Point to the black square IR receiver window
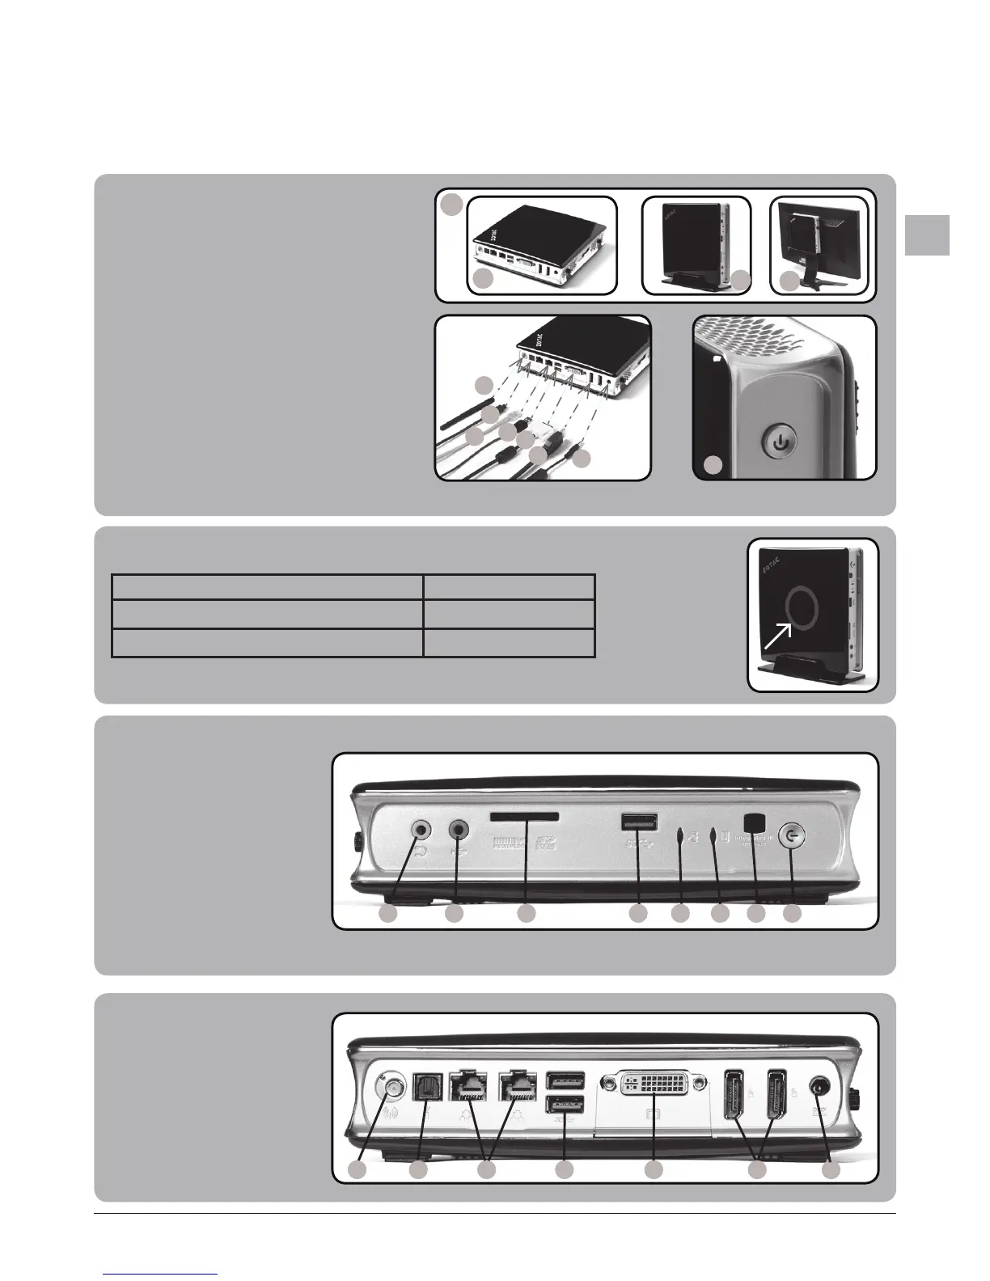coord(754,819)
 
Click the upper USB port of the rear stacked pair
coord(564,1080)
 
